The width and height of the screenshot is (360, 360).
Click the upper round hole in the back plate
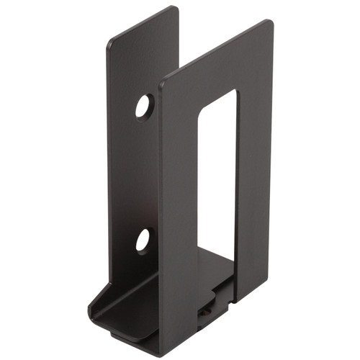[x=144, y=107]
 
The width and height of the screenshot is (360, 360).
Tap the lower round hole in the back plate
[x=143, y=240]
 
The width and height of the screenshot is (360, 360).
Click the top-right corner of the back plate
[x=176, y=9]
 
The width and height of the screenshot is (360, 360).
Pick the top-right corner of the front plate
[x=270, y=22]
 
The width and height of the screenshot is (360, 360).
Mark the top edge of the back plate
[x=143, y=24]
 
